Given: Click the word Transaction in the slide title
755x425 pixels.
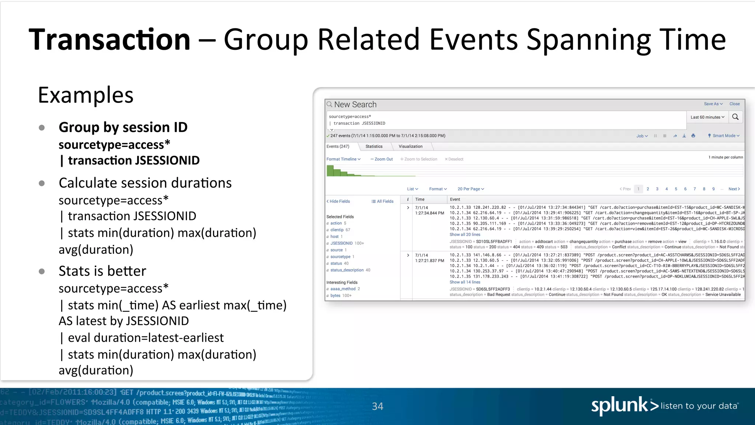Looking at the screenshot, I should point(109,39).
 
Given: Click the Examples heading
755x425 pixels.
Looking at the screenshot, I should point(86,95).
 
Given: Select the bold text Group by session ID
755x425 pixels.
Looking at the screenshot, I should point(123,127).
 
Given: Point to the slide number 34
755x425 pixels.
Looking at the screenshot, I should point(377,406).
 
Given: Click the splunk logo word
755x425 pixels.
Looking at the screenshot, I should point(619,406).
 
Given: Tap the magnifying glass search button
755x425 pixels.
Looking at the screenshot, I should point(735,117).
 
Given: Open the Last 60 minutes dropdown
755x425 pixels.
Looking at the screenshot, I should point(707,117).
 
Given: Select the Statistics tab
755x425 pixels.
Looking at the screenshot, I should point(374,146).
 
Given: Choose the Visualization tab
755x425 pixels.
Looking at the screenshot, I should point(410,146).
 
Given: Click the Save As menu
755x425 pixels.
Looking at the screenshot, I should point(713,104).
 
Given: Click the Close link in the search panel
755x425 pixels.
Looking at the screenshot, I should point(734,104).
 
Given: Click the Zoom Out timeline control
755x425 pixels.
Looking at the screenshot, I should point(382,159).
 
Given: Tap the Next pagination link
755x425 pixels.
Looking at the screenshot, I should point(734,189).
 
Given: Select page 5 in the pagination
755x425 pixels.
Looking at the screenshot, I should point(676,189).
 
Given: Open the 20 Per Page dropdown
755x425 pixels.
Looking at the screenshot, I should point(470,189).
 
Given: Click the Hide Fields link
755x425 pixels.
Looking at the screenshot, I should point(338,201).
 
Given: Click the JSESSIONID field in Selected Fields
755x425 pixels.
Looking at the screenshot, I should point(341,243).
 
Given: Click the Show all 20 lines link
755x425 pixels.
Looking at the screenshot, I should point(465,235).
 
